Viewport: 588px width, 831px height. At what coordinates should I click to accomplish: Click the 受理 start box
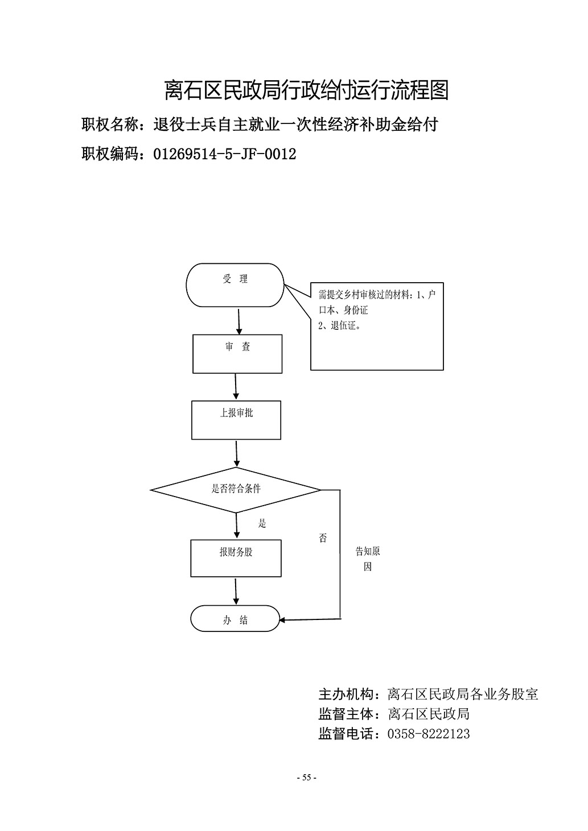pyautogui.click(x=235, y=285)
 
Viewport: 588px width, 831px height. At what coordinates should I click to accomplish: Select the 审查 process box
pyautogui.click(x=237, y=354)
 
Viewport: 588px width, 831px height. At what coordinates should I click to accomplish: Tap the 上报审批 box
pyautogui.click(x=236, y=420)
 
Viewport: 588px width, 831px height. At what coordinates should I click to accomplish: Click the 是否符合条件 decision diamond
pyautogui.click(x=236, y=490)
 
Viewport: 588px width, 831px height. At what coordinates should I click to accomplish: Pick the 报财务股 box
pyautogui.click(x=236, y=558)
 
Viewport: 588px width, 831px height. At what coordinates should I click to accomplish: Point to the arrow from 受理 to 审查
pyautogui.click(x=239, y=321)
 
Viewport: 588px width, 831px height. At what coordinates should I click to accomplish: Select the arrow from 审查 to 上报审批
pyautogui.click(x=236, y=387)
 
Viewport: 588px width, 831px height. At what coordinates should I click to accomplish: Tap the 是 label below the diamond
pyautogui.click(x=262, y=523)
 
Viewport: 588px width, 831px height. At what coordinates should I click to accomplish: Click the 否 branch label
pyautogui.click(x=323, y=538)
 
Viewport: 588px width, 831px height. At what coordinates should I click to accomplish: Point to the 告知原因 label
pyautogui.click(x=368, y=559)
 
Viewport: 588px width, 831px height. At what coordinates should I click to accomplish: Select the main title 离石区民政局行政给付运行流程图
pyautogui.click(x=306, y=90)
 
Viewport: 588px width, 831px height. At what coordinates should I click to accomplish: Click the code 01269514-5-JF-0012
pyautogui.click(x=225, y=154)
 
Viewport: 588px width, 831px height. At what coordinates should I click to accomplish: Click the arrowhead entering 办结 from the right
pyautogui.click(x=282, y=620)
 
